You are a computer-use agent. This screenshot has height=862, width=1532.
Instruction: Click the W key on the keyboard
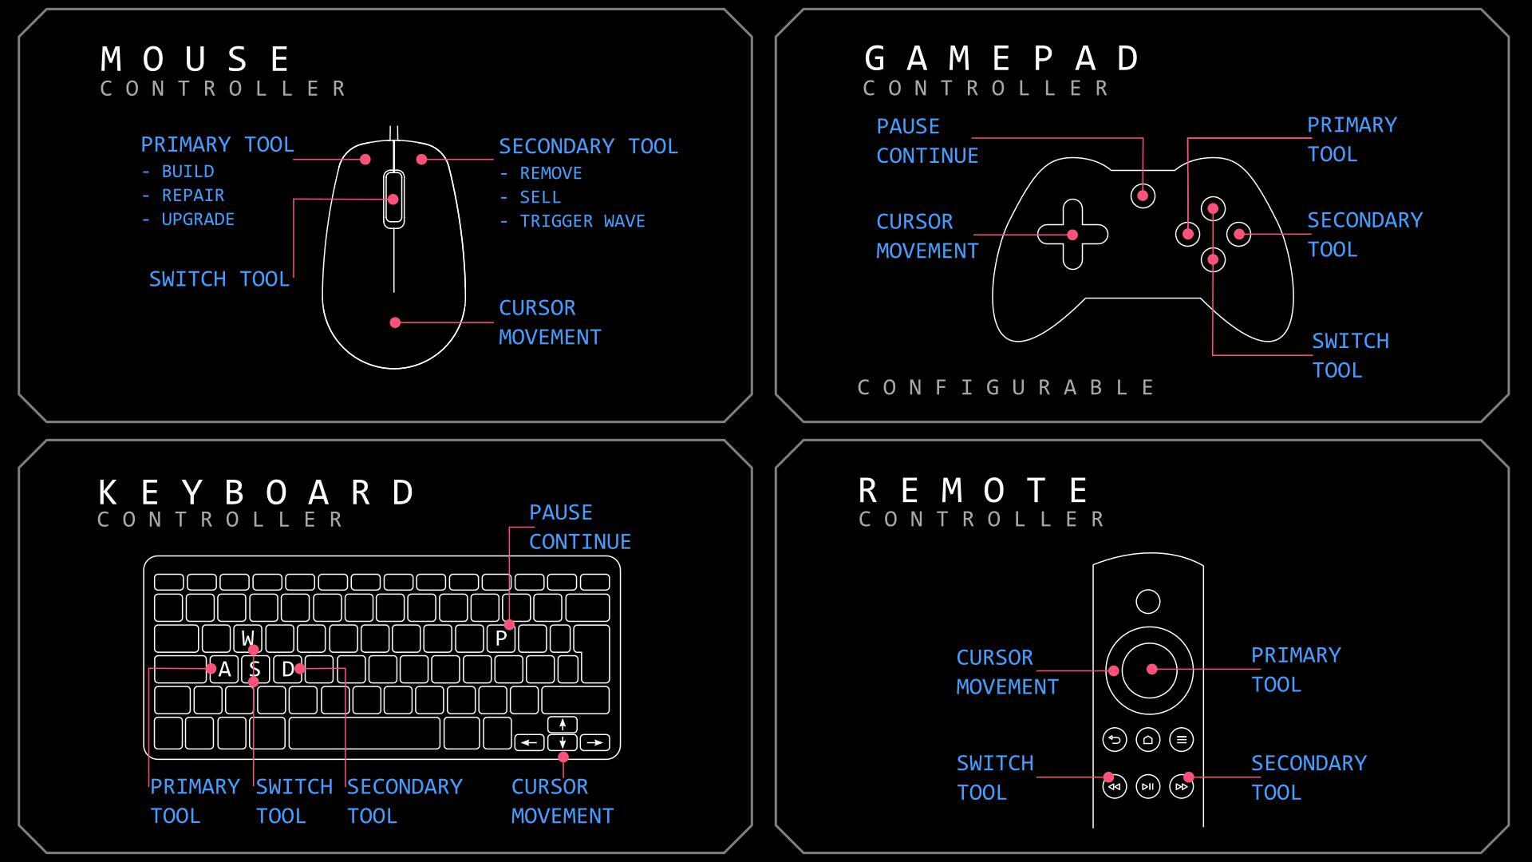248,639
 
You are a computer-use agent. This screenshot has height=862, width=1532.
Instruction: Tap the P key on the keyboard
501,639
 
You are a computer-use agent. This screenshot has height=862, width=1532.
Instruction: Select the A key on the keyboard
224,669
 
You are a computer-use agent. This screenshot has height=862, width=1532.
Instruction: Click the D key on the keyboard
287,669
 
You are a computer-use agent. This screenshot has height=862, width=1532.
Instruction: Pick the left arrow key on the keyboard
529,743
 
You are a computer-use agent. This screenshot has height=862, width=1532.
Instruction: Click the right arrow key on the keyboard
594,743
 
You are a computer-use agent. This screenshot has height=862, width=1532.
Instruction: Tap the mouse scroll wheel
393,199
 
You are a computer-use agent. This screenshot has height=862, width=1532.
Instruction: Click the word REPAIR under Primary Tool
192,196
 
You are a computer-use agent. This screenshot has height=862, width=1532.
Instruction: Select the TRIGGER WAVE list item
582,221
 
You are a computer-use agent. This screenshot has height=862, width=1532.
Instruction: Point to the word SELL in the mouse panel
540,197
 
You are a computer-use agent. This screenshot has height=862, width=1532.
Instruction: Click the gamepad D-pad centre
1072,235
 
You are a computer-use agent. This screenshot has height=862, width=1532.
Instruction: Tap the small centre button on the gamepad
1143,196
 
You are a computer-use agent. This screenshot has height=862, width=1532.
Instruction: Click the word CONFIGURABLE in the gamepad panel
1006,388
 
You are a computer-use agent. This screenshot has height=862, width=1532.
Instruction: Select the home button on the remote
1148,740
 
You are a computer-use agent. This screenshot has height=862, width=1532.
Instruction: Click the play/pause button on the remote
1148,786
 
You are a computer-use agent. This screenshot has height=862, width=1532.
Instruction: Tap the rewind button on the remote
1115,786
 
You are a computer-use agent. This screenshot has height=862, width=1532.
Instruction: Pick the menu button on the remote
1182,740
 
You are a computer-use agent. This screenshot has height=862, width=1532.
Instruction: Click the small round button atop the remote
1148,602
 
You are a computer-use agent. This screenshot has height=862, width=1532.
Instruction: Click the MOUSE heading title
196,59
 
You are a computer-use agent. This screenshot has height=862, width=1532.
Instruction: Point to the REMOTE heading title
973,490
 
